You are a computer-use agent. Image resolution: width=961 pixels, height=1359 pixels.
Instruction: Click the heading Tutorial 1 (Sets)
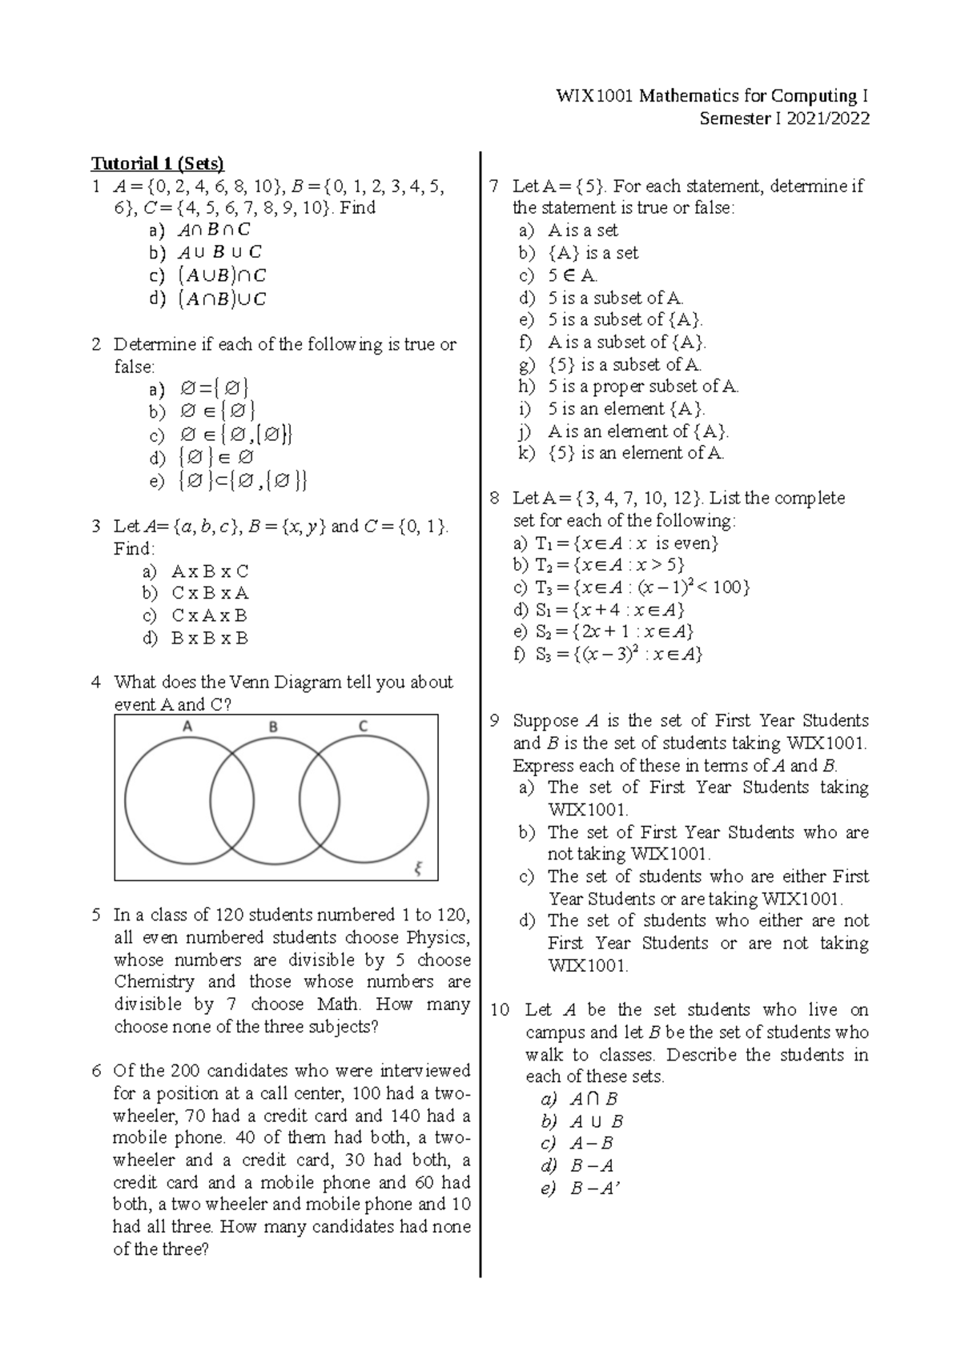coord(158,164)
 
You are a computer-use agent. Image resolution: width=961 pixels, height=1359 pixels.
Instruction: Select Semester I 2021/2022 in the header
coord(784,119)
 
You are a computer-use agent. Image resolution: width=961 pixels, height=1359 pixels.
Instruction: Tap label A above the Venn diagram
coord(187,727)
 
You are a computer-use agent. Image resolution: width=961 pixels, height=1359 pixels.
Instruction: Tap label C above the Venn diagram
coord(363,727)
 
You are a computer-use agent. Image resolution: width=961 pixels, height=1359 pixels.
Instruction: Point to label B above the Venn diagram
coord(273,727)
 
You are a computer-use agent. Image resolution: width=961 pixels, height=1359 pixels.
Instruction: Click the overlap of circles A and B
coord(231,800)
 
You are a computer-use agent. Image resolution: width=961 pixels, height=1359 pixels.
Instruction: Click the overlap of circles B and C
coord(319,800)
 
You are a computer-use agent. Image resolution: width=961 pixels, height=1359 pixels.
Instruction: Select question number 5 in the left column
coord(96,915)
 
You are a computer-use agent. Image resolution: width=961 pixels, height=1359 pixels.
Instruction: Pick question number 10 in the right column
coord(499,1010)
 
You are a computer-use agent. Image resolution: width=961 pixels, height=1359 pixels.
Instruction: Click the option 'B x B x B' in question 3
coord(210,639)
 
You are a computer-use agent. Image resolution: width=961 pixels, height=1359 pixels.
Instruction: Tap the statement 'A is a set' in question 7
coord(583,231)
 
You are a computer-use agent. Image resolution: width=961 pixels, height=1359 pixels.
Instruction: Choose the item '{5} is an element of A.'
coord(636,453)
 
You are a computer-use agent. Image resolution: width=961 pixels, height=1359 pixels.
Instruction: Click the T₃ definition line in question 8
coord(633,587)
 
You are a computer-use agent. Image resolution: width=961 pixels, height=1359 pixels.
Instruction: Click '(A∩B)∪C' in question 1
coord(222,299)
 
